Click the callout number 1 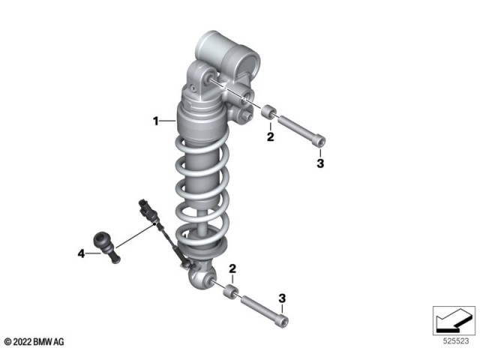coord(156,121)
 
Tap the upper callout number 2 coord(270,136)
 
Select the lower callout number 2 coord(232,268)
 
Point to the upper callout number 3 coord(320,163)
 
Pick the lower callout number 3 coord(282,298)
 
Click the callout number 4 coord(81,253)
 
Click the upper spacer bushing coord(269,111)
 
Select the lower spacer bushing coord(231,291)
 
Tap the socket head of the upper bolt coord(319,141)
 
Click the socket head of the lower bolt coord(283,321)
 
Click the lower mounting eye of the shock coord(201,277)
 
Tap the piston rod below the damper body coord(202,221)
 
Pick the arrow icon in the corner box coord(453,320)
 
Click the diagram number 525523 coord(456,340)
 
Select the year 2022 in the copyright coord(22,342)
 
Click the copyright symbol coord(7,342)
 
